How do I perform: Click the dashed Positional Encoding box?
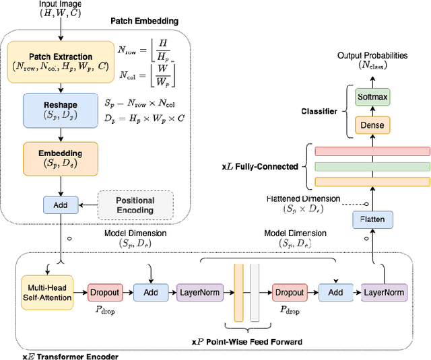click(x=135, y=205)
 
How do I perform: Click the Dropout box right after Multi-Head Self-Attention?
click(x=105, y=292)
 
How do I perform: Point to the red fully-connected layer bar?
click(x=372, y=150)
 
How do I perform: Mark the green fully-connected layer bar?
click(x=372, y=166)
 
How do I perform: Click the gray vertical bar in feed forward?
click(x=255, y=292)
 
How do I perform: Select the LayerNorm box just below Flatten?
click(x=384, y=292)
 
